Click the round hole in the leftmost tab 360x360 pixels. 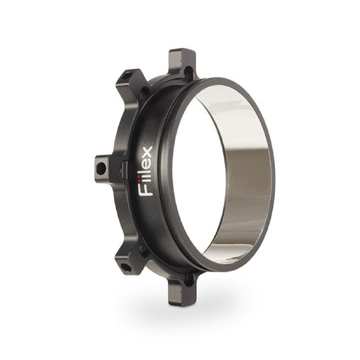pyautogui.click(x=101, y=167)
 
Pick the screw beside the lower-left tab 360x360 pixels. pyautogui.click(x=143, y=245)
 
